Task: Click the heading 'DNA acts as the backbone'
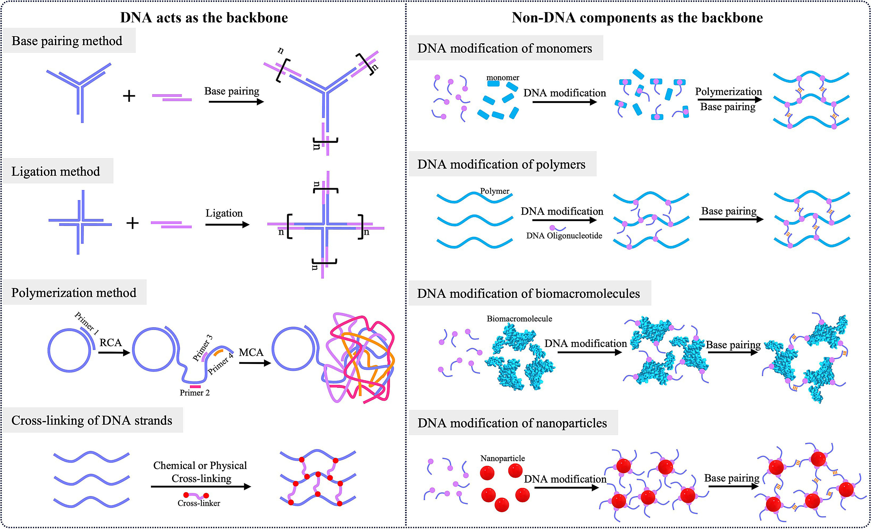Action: [x=204, y=18]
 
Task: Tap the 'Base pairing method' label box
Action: [x=67, y=41]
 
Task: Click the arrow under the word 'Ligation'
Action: [x=227, y=225]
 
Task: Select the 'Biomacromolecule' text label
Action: [x=519, y=319]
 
